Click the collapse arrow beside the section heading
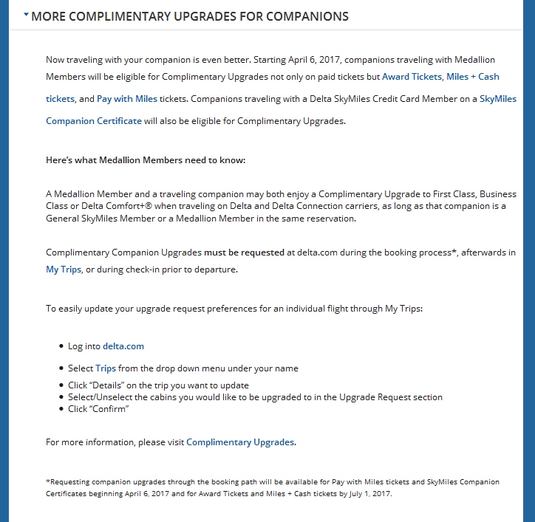pyautogui.click(x=27, y=14)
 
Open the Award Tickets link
pyautogui.click(x=412, y=77)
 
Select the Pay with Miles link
pyautogui.click(x=126, y=99)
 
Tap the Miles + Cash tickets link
pyautogui.click(x=473, y=77)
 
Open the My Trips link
pyautogui.click(x=63, y=269)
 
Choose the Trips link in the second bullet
pyautogui.click(x=106, y=368)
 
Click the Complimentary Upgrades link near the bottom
pyautogui.click(x=240, y=442)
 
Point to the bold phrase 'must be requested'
pyautogui.click(x=244, y=253)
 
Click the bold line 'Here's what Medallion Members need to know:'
pyautogui.click(x=145, y=160)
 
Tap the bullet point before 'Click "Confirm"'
pyautogui.click(x=61, y=409)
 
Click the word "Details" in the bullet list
pyautogui.click(x=110, y=385)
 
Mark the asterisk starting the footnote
pyautogui.click(x=48, y=482)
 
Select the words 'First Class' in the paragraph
pyautogui.click(x=420, y=194)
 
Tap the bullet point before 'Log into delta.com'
pyautogui.click(x=61, y=346)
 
